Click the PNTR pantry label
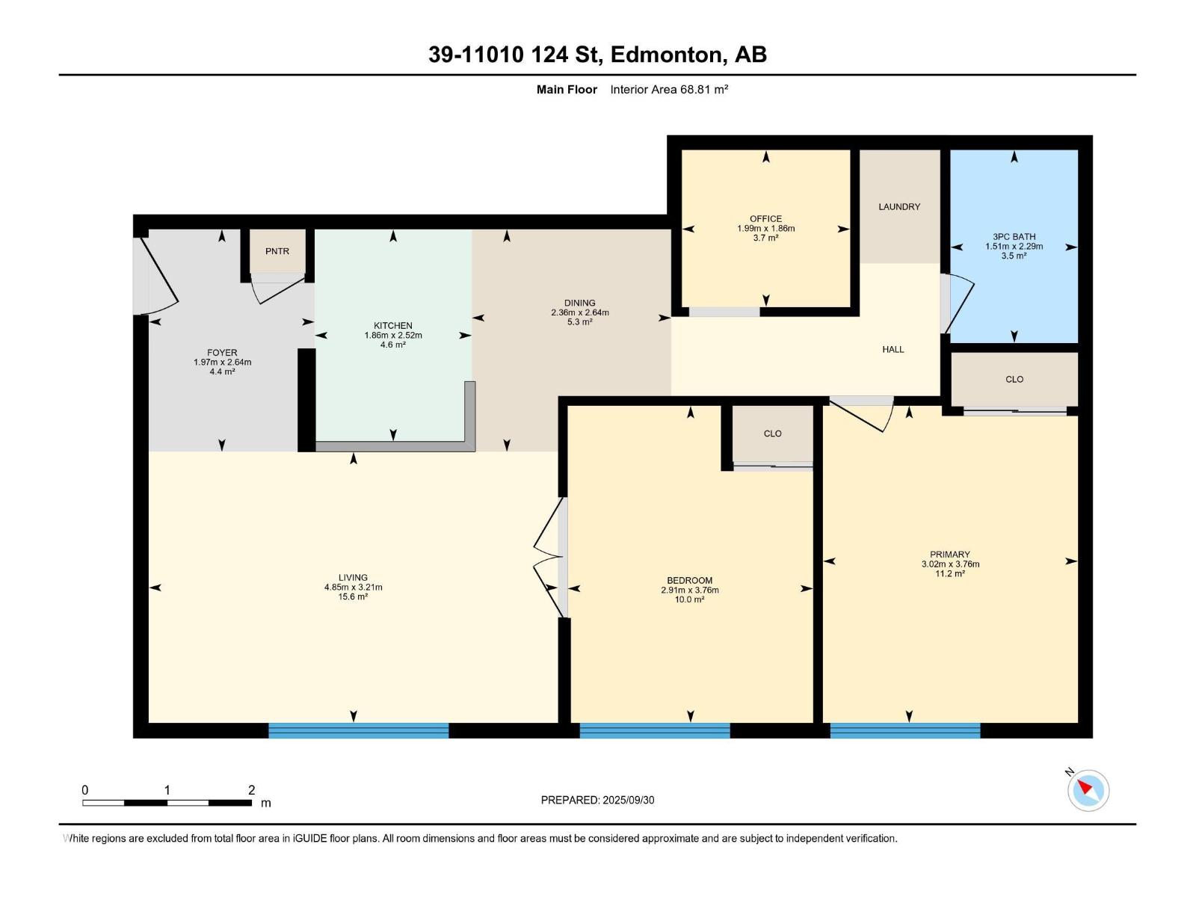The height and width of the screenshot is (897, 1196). (x=277, y=251)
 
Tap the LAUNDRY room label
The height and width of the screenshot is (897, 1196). (x=899, y=206)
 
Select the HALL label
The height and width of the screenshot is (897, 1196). (x=893, y=349)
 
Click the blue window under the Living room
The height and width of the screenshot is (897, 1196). (x=358, y=730)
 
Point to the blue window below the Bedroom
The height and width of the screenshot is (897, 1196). (x=654, y=730)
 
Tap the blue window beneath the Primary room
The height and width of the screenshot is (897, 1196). (x=905, y=730)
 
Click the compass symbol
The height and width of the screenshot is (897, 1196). (x=1088, y=790)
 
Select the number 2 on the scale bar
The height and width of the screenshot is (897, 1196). (x=251, y=789)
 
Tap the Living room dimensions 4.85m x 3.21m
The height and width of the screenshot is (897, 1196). (x=353, y=587)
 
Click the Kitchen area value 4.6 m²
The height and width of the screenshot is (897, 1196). (x=393, y=345)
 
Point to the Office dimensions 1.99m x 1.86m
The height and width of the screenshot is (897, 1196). (x=765, y=228)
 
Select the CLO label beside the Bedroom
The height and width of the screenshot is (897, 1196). (x=772, y=434)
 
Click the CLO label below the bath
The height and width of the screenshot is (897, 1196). (x=1014, y=379)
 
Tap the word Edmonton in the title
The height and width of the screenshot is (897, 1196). (x=668, y=55)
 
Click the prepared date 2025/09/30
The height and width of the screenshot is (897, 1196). (x=628, y=800)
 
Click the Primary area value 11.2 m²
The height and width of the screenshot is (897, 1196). (x=950, y=573)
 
